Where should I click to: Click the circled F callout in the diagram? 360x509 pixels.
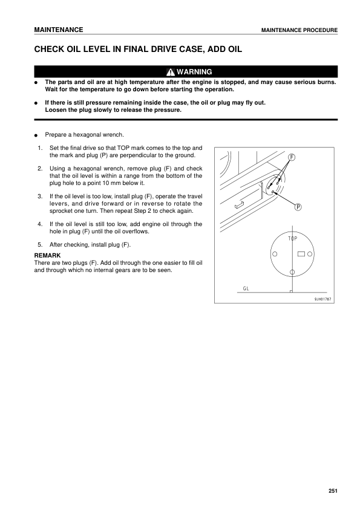[x=292, y=157]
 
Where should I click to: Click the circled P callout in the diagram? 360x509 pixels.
[x=298, y=207]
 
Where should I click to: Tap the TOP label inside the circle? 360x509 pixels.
[x=292, y=239]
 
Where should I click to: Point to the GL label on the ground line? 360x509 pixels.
[x=246, y=288]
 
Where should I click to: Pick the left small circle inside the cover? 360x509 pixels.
[x=274, y=254]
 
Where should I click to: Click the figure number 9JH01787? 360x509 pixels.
[x=324, y=299]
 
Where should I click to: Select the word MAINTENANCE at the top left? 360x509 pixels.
[x=59, y=30]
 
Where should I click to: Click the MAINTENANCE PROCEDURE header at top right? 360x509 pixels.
[x=299, y=30]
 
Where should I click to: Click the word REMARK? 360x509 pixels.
[x=47, y=256]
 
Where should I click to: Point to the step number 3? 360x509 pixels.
[x=39, y=196]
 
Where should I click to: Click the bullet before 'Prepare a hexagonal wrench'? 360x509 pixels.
[x=37, y=135]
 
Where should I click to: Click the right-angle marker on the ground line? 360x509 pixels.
[x=291, y=291]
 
